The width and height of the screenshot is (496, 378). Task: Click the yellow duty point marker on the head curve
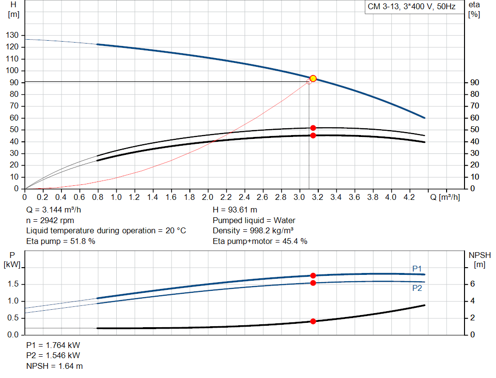[x=313, y=78]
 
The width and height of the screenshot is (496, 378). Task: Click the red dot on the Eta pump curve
[x=313, y=128]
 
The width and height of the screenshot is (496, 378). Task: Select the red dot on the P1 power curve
[x=313, y=275]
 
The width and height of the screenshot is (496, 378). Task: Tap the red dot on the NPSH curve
[x=313, y=321]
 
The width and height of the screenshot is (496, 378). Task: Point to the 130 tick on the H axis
[x=13, y=35]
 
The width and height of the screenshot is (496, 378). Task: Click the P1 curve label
[x=417, y=268]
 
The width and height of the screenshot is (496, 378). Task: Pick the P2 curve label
[x=417, y=288]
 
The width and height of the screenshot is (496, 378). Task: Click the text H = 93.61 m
[x=235, y=210]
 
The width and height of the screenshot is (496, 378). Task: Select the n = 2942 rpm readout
[x=52, y=220]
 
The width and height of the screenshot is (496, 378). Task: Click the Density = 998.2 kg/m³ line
[x=253, y=230]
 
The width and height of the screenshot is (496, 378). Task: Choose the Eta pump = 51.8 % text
[x=61, y=241]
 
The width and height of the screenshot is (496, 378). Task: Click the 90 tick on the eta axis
[x=474, y=83]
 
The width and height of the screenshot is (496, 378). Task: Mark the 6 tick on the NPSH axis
[x=472, y=284]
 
